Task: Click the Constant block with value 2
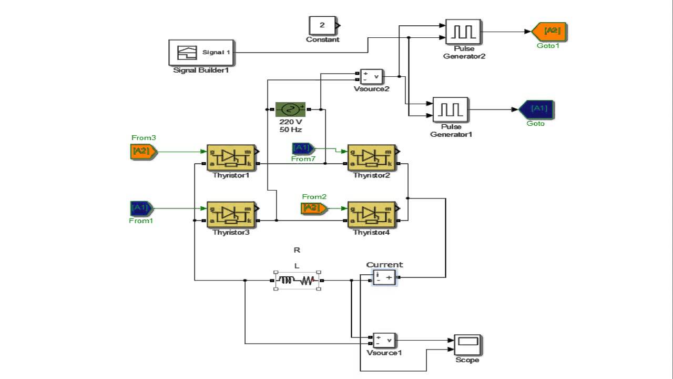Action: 322,25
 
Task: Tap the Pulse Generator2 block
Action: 463,32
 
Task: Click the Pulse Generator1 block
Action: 450,109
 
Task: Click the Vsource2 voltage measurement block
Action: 372,76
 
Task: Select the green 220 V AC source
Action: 290,109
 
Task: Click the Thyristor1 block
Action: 231,157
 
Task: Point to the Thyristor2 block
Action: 372,157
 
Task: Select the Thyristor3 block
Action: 231,214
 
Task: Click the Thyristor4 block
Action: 372,214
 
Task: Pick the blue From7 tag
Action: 303,148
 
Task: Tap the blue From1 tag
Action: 141,208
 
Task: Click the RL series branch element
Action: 298,281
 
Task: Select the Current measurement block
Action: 384,277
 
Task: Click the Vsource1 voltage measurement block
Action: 384,341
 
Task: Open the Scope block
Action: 467,345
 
